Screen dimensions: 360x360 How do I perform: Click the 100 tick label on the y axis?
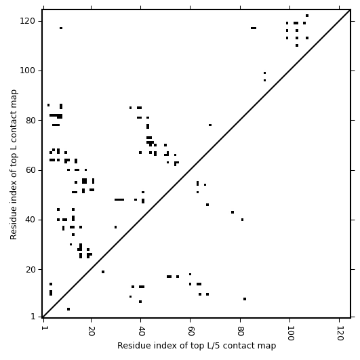[x=27, y=71]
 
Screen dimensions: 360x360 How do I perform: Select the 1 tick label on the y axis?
[x=33, y=317]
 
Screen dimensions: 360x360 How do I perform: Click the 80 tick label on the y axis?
[x=30, y=120]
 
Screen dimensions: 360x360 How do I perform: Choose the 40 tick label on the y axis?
[x=30, y=220]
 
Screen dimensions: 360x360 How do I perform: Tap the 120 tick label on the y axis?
[x=27, y=21]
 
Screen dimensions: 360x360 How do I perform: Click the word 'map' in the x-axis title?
[x=268, y=346]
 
